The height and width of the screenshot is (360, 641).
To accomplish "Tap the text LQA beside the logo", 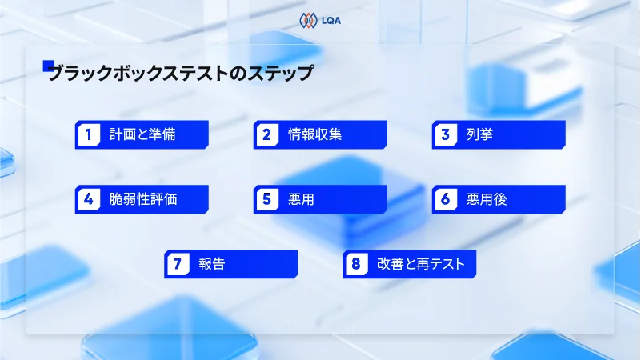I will [x=331, y=20].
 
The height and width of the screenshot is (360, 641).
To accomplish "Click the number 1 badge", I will [x=88, y=134].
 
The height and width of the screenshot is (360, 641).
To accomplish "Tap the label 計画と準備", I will [x=142, y=134].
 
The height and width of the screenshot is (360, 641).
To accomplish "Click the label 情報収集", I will [x=314, y=134].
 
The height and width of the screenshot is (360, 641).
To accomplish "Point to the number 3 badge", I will [x=445, y=134].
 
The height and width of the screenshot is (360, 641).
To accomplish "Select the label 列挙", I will [x=479, y=134].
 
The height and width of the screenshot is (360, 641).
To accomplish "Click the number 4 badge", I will [x=88, y=199].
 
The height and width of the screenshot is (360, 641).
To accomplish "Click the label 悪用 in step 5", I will [x=301, y=199].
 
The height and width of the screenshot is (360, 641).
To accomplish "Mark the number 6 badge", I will [x=445, y=199].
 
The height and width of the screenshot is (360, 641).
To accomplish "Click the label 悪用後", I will [x=487, y=199].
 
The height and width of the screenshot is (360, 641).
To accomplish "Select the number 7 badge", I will [x=177, y=263].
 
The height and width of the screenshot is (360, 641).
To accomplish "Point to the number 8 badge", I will [x=355, y=263].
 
